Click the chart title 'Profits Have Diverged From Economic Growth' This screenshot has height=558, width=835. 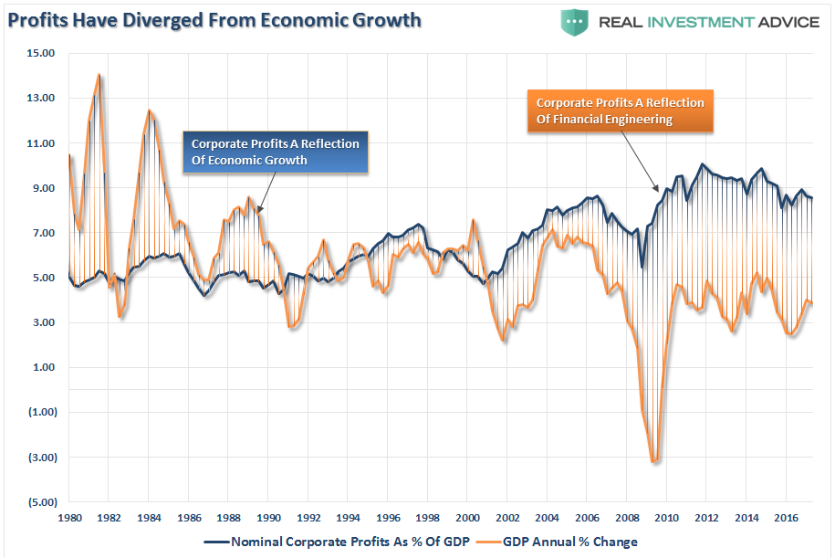click(215, 19)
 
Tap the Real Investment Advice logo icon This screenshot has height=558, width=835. click(574, 21)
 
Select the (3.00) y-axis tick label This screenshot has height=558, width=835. click(40, 457)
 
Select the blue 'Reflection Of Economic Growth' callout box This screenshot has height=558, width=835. click(275, 153)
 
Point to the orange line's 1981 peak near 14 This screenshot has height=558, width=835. click(99, 76)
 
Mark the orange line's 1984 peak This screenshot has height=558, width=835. click(150, 111)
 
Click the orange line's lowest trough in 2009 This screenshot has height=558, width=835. click(653, 462)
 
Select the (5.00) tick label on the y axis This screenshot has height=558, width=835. click(40, 501)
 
